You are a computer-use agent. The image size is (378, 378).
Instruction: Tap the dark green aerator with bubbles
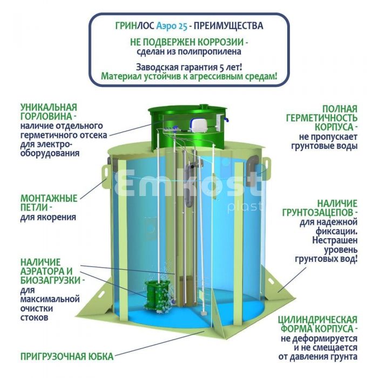156,296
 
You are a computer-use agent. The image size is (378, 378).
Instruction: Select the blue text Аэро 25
172,26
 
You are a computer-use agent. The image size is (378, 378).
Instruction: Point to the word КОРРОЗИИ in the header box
221,42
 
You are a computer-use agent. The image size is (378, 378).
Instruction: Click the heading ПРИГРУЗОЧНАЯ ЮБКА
67,356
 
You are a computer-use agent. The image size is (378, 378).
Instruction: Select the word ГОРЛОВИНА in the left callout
46,117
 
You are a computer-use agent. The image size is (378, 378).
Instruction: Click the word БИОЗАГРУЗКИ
50,280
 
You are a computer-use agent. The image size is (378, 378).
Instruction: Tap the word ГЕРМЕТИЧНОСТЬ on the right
322,118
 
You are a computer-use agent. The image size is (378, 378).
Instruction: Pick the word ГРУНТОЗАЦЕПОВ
318,213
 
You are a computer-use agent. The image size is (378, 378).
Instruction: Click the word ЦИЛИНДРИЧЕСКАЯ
318,320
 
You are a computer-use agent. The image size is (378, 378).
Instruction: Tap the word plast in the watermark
245,207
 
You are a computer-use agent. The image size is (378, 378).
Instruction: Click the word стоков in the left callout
34,318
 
